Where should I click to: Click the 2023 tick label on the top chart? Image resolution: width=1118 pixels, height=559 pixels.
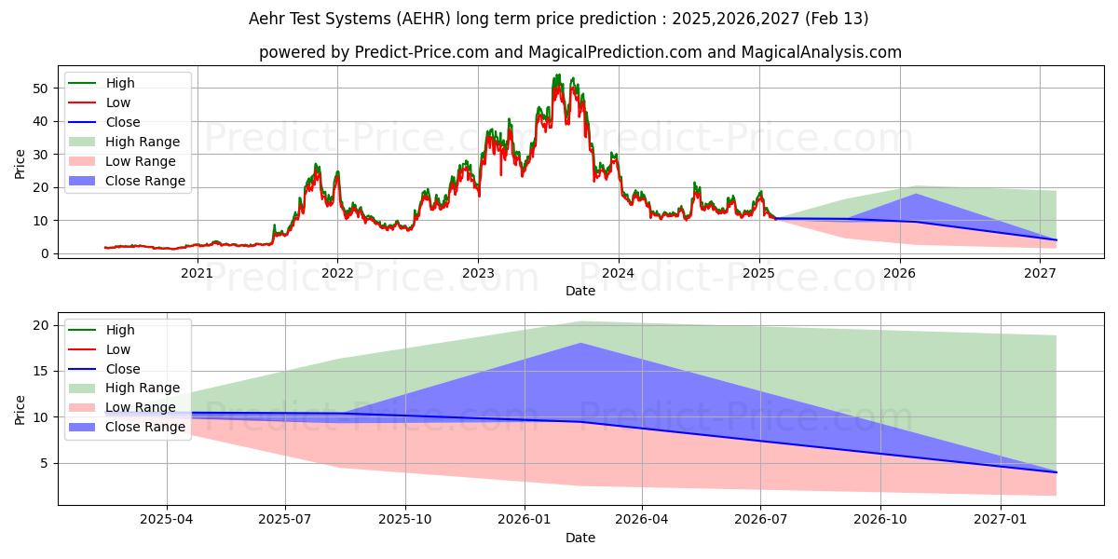(x=478, y=274)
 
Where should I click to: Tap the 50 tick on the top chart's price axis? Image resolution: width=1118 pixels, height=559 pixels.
(x=40, y=89)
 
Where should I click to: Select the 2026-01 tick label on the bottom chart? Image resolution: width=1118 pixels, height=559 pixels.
(x=524, y=520)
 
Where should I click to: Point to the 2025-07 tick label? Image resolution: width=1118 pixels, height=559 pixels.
(x=285, y=520)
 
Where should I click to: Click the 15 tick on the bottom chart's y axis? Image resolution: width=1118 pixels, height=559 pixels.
(x=41, y=372)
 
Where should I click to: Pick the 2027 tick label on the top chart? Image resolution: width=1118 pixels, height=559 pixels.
(x=1040, y=274)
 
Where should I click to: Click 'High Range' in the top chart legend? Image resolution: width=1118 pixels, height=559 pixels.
(x=143, y=142)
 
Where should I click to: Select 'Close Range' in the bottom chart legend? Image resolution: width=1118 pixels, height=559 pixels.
(x=145, y=428)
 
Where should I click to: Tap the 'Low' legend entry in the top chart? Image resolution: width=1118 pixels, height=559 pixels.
(x=117, y=102)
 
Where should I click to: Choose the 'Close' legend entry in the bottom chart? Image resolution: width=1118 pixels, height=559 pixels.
(x=123, y=369)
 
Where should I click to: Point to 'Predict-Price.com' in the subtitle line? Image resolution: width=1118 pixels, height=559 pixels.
(x=422, y=52)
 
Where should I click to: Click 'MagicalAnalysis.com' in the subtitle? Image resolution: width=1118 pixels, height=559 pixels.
(x=822, y=52)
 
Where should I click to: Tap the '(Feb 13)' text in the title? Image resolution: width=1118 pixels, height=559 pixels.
(x=837, y=19)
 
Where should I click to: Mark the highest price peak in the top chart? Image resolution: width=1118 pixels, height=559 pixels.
(x=557, y=75)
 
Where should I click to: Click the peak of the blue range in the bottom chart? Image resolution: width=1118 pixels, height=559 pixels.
(x=581, y=344)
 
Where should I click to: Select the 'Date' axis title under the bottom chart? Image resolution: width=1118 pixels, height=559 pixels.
(x=580, y=539)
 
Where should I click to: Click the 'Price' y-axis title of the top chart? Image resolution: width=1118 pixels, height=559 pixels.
(x=20, y=164)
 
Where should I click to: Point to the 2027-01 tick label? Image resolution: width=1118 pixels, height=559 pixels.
(x=1001, y=520)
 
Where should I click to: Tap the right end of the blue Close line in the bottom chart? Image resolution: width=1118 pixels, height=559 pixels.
(x=1057, y=472)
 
